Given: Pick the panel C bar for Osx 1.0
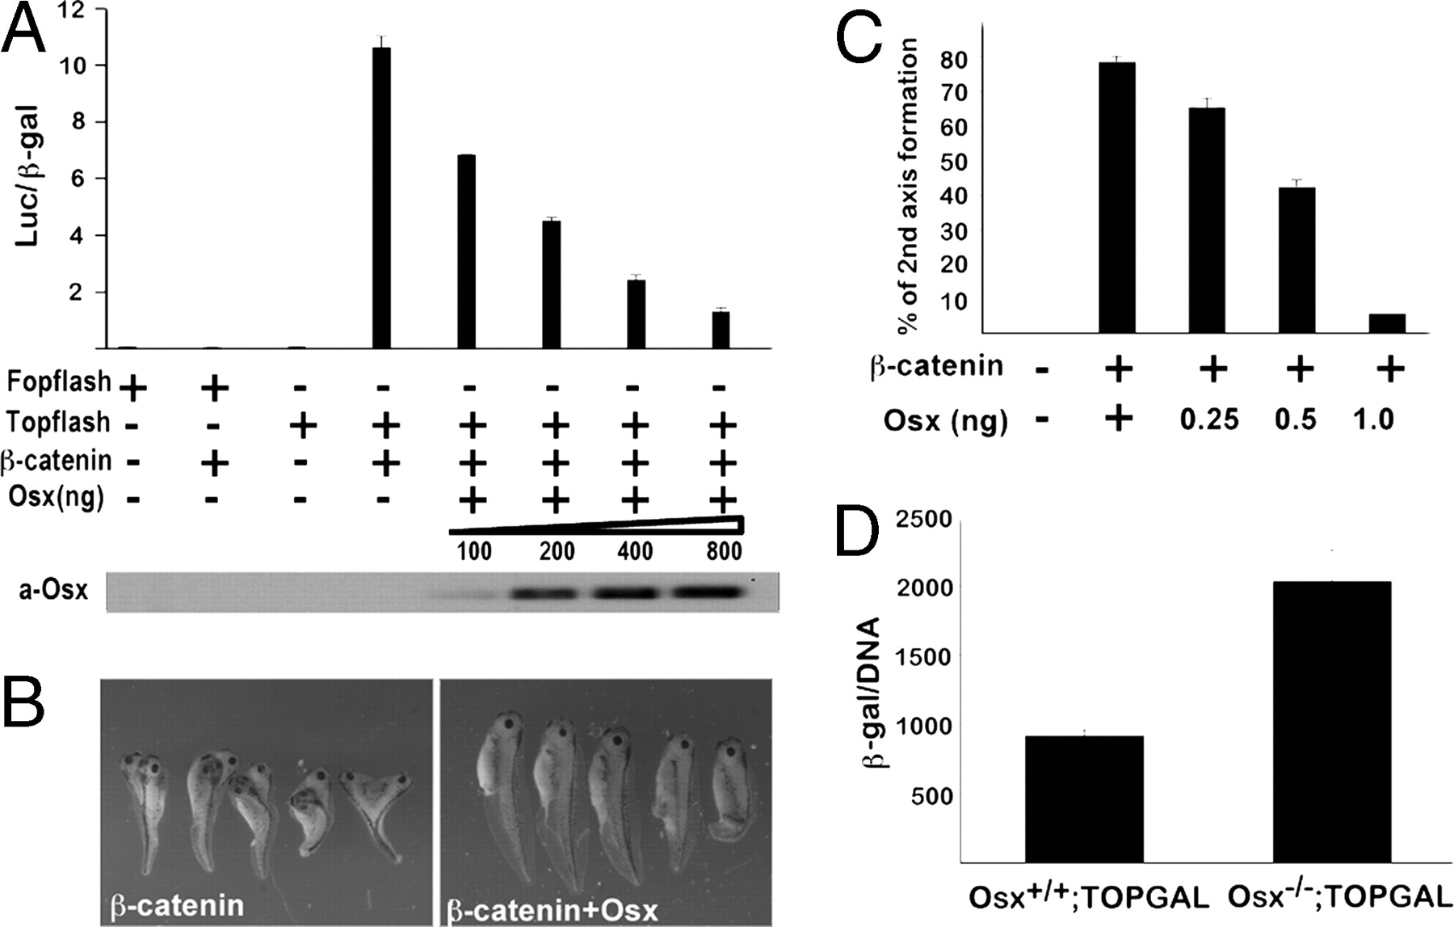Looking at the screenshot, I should (x=1387, y=323).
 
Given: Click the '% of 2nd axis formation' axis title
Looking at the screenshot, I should (x=906, y=186).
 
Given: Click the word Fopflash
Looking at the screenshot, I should (x=59, y=381).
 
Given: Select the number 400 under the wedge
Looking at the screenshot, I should (x=635, y=552).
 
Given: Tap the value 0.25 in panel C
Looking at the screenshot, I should (x=1208, y=419).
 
